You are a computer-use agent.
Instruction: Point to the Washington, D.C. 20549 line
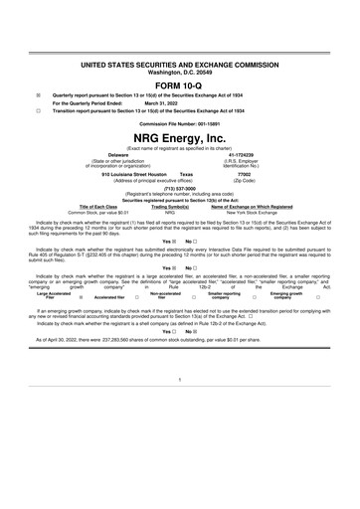[179, 72]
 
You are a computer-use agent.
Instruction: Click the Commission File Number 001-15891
[179, 123]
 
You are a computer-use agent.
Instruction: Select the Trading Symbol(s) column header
[170, 206]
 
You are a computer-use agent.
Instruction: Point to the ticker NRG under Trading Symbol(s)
[170, 213]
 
